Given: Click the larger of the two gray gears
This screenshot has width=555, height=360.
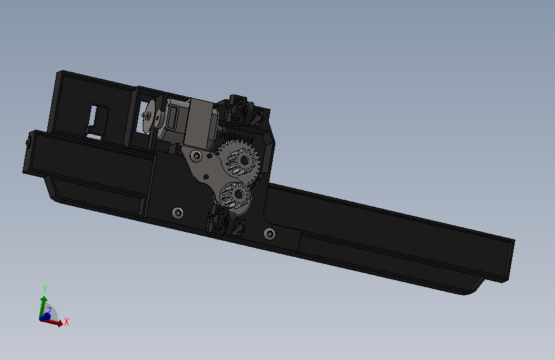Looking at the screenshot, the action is [239, 161].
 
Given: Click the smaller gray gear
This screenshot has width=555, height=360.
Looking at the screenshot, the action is [236, 196].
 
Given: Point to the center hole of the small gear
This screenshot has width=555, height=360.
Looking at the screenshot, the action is [239, 194].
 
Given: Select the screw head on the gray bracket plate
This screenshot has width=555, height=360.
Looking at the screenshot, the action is [197, 156].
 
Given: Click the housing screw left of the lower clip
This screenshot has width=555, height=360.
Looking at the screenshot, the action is [178, 213].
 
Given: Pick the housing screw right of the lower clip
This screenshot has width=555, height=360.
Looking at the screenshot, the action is [269, 234].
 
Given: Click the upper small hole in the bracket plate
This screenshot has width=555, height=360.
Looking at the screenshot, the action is [210, 156].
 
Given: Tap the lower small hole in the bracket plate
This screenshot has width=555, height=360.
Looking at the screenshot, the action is [206, 177].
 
